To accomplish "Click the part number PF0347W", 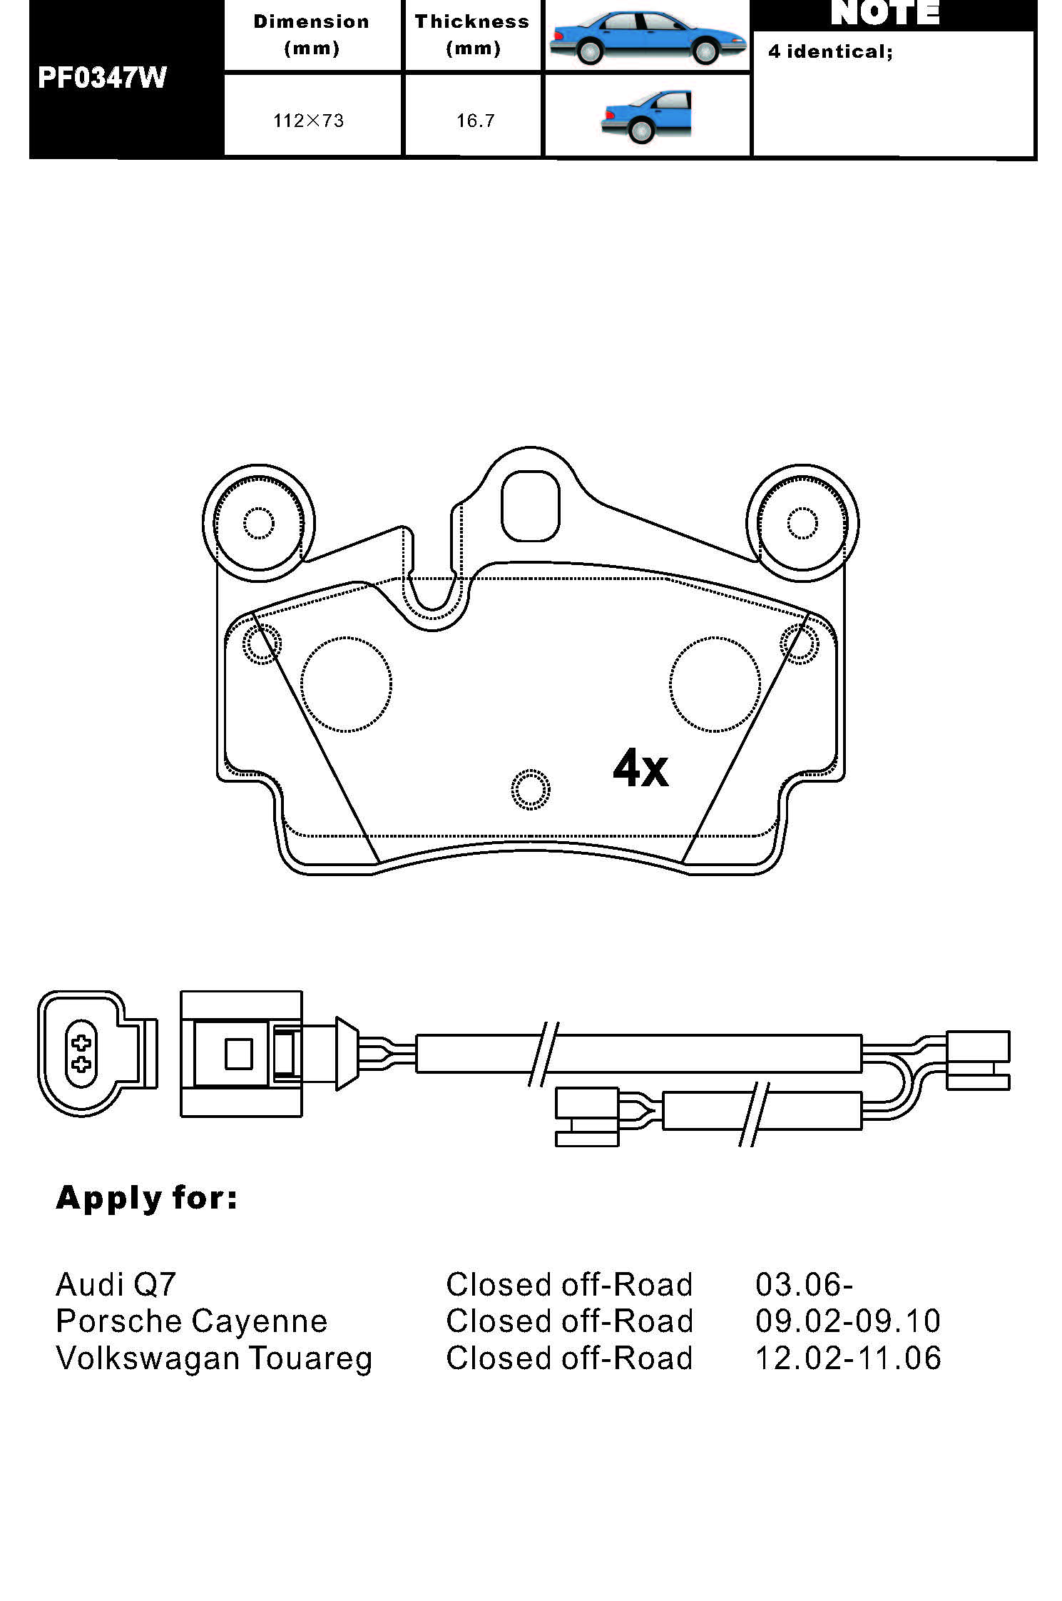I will pos(102,78).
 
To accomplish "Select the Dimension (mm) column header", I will pos(312,35).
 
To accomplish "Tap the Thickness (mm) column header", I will pos(472,35).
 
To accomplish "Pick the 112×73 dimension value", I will pos(308,121).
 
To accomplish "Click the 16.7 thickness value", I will pos(475,121).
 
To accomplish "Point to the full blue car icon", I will pos(646,37).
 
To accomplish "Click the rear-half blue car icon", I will pos(647,116).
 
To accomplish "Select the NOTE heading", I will pos(885,14).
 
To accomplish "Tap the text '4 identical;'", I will pos(830,51).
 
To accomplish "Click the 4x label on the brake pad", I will pos(640,768).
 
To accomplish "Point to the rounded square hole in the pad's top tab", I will pos(530,506).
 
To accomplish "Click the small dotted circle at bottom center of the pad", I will pos(531,790).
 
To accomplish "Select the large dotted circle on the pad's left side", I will pos(346,684).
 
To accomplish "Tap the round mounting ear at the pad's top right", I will pos(802,524).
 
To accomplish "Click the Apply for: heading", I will pos(146,1198).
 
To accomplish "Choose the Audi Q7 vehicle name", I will pos(116,1285).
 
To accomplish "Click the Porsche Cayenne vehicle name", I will pos(191,1321).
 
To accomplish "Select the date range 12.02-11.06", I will pos(848,1358).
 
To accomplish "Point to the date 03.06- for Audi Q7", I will pos(804,1285).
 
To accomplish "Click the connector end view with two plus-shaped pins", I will pos(81,1053).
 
